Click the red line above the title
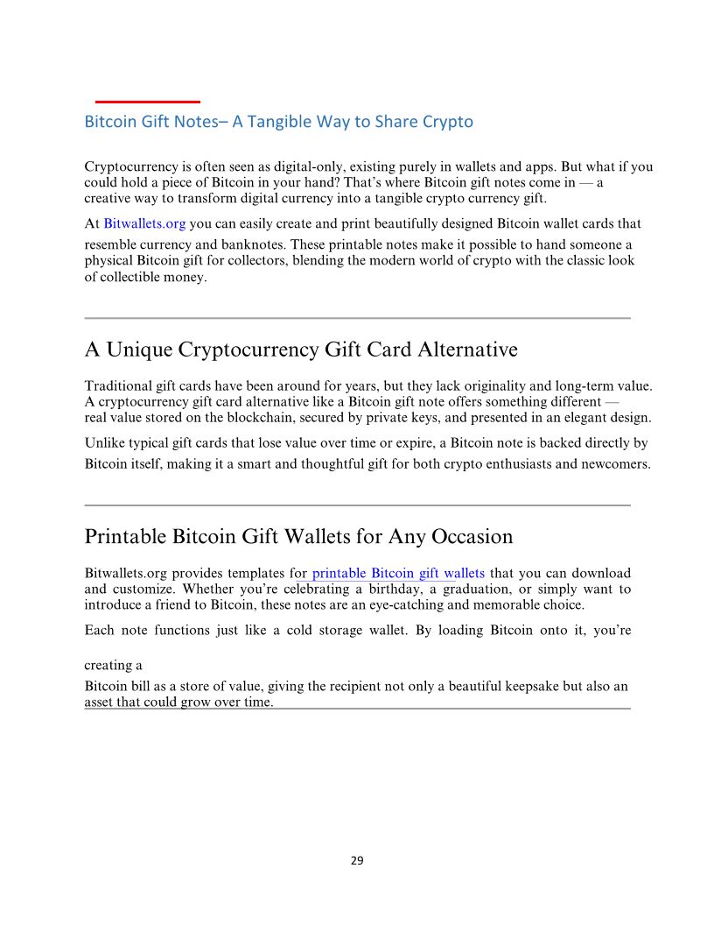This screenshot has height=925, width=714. point(147,102)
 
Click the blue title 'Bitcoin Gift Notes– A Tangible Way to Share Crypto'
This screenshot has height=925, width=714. point(278,122)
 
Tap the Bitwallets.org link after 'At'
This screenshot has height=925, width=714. point(144,224)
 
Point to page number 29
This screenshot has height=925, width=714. point(357,860)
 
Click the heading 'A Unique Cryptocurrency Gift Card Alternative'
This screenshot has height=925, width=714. point(301,350)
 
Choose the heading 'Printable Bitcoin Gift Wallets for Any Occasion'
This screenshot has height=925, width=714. point(298,536)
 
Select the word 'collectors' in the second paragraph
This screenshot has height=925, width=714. point(256,261)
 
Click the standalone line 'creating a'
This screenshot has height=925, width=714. point(113,665)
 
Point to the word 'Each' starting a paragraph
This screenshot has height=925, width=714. point(99,631)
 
